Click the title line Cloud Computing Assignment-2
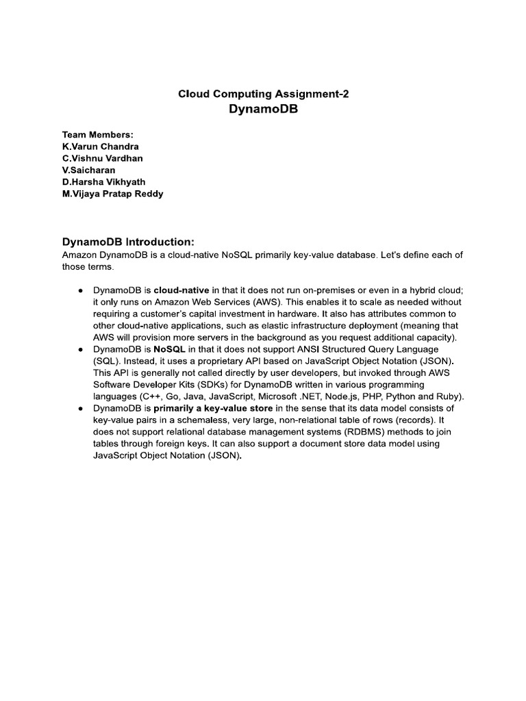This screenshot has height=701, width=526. click(263, 94)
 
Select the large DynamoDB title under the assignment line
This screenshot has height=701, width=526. click(263, 110)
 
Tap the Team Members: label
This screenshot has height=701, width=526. click(97, 134)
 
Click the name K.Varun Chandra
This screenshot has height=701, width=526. click(100, 146)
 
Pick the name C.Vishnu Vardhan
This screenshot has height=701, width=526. click(103, 158)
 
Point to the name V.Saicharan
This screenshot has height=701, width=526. click(88, 170)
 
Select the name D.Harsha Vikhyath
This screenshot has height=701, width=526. click(103, 181)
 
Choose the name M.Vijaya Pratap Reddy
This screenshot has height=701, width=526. click(112, 194)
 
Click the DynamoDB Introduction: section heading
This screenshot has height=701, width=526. click(129, 242)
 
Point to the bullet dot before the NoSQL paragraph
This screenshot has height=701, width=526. click(81, 349)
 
